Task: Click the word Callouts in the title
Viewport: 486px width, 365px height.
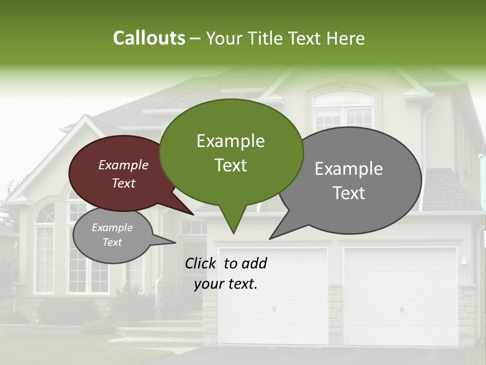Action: click(149, 38)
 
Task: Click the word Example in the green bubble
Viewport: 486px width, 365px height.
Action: click(230, 141)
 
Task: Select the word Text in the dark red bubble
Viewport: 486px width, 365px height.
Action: click(124, 183)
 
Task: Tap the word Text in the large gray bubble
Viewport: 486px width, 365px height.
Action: click(349, 193)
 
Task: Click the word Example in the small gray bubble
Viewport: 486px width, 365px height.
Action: click(112, 228)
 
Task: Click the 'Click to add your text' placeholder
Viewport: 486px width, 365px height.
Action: click(226, 273)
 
